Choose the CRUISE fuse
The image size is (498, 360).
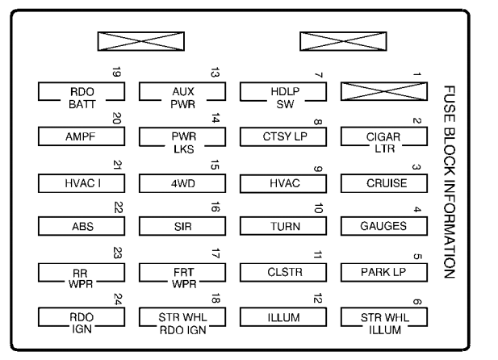click(x=384, y=182)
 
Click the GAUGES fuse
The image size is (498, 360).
click(x=384, y=227)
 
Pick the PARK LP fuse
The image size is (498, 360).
click(x=384, y=272)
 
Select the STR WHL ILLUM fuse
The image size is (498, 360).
click(x=384, y=317)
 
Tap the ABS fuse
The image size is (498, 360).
click(x=82, y=227)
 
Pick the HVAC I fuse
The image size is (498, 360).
click(x=82, y=182)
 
